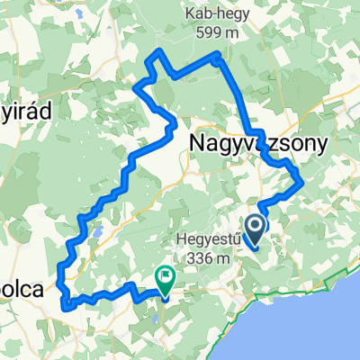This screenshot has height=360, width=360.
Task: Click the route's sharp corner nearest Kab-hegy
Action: pos(219,57)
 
